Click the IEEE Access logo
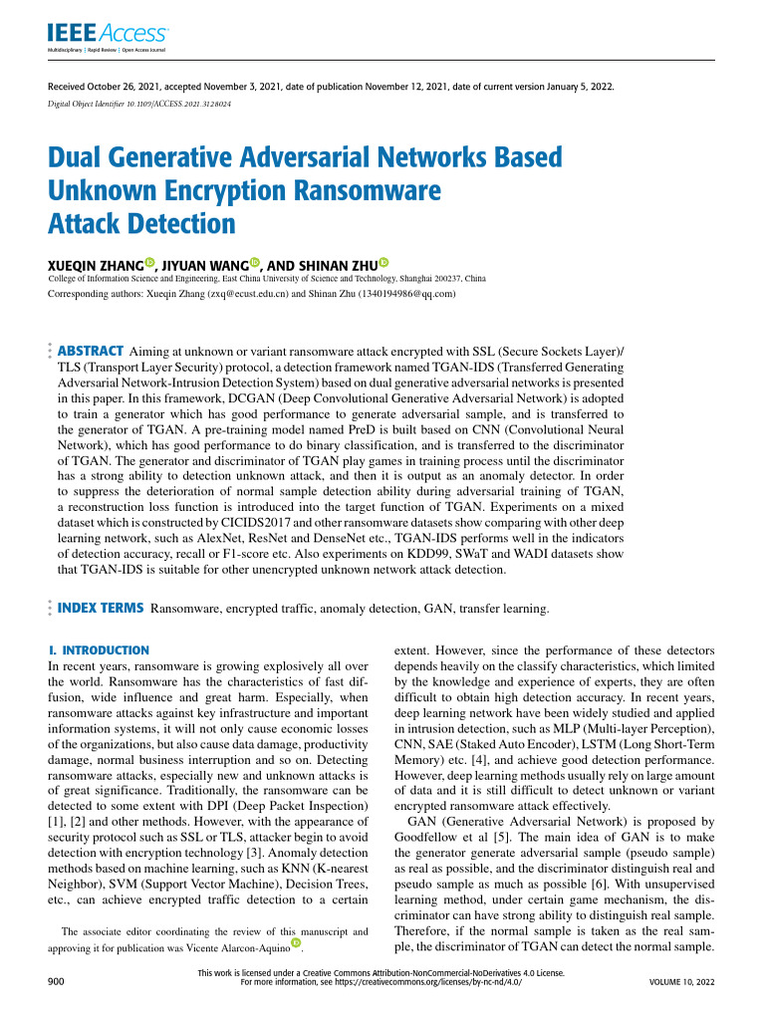[x=108, y=37]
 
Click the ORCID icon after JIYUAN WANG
[x=254, y=263]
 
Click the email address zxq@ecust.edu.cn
[x=245, y=295]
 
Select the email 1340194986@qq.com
[x=402, y=295]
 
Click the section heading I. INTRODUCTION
[x=99, y=649]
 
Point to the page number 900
[x=57, y=981]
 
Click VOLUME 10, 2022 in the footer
[x=681, y=981]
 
